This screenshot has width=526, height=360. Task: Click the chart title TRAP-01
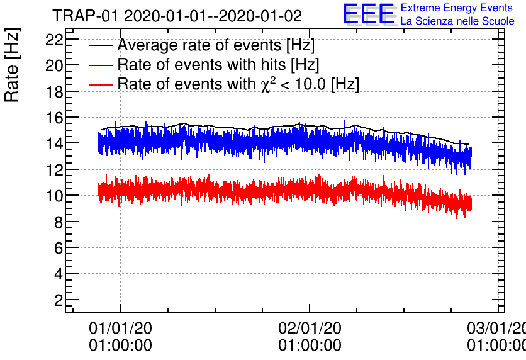(x=177, y=16)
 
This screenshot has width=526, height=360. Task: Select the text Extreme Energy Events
(x=456, y=9)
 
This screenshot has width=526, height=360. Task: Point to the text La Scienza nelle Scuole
(x=457, y=21)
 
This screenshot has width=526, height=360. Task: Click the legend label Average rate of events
(x=216, y=46)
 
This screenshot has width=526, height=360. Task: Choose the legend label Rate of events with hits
(x=218, y=65)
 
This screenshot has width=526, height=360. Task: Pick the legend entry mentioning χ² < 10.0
(x=238, y=84)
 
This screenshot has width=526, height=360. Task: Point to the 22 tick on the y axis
(x=55, y=39)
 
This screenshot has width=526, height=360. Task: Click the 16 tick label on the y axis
(x=55, y=118)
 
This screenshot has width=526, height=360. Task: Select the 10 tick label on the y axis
(x=55, y=196)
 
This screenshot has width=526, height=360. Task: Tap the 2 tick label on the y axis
(x=59, y=300)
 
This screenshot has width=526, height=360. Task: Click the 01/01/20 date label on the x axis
(x=120, y=328)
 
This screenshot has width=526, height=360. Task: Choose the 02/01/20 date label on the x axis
(x=310, y=328)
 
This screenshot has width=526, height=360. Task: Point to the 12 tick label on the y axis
(x=55, y=170)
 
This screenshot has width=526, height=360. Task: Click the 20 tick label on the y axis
(x=55, y=65)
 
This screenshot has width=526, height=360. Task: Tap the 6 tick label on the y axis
(x=59, y=248)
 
